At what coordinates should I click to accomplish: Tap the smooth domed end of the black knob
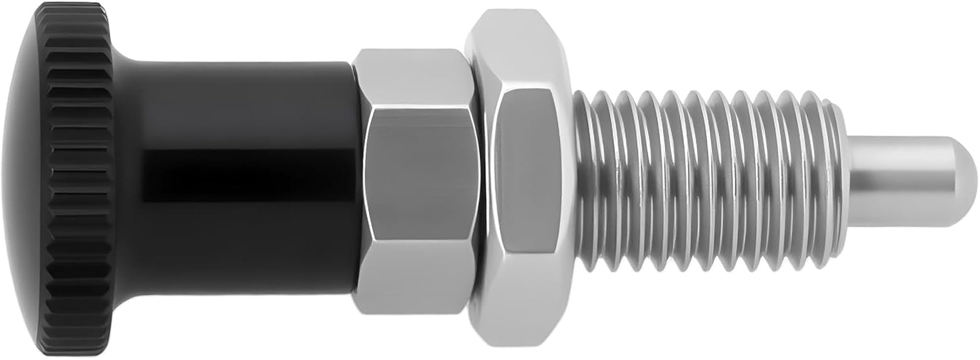click(23, 180)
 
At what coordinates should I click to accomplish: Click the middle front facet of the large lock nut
click(527, 175)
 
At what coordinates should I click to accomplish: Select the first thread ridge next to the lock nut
click(585, 180)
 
